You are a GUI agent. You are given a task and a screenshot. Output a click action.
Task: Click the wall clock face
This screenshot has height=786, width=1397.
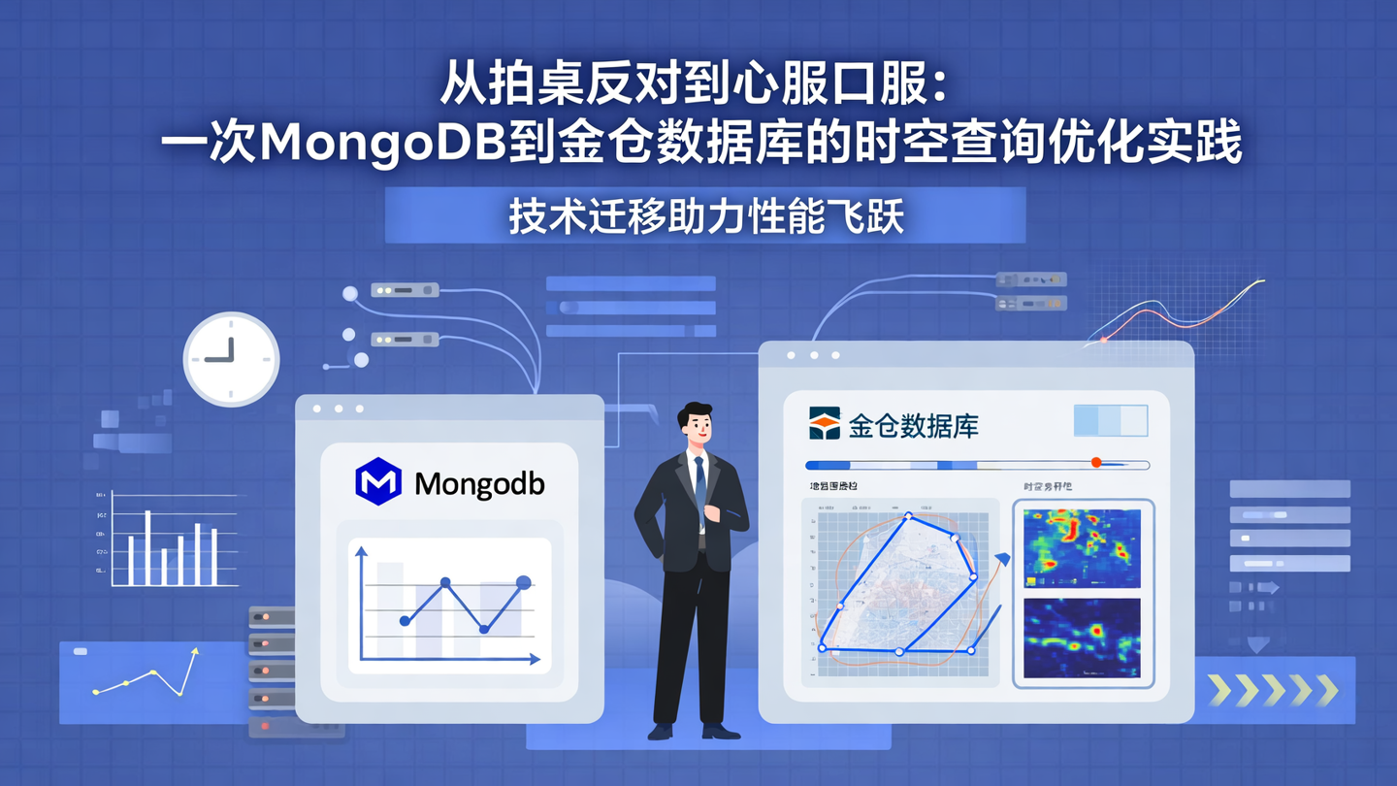[232, 358]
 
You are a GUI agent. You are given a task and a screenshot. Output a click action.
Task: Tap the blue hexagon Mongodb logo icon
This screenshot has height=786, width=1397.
[378, 481]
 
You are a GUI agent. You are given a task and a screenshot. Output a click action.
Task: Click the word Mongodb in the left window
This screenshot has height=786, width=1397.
[479, 483]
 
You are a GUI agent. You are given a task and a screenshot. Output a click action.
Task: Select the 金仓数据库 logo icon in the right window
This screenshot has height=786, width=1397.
[825, 424]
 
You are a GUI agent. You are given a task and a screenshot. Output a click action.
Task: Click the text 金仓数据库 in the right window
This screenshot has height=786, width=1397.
[913, 426]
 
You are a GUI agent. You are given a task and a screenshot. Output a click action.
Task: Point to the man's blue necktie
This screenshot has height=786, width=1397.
[699, 485]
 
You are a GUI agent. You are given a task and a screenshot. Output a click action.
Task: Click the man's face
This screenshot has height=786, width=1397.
[697, 426]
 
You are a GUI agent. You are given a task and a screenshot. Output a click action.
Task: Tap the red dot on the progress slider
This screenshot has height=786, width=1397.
[1096, 463]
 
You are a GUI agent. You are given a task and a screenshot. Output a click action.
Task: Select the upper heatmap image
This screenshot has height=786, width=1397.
[1082, 547]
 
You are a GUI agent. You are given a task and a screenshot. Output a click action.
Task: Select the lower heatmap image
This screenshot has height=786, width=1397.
[1082, 638]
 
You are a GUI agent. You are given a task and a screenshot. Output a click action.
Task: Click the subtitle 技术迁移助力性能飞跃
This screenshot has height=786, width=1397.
[706, 216]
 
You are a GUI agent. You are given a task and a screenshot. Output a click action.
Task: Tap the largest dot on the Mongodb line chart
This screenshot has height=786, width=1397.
[524, 582]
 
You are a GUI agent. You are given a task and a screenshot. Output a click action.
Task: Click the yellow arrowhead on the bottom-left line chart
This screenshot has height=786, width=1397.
[195, 653]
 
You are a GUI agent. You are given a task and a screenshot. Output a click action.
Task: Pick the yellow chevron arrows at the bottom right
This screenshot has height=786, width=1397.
[1273, 690]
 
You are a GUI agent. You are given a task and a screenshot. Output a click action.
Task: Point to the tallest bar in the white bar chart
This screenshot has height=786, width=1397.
[147, 547]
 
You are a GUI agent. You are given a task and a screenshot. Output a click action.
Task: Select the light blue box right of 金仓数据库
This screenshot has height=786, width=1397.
[1111, 421]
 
